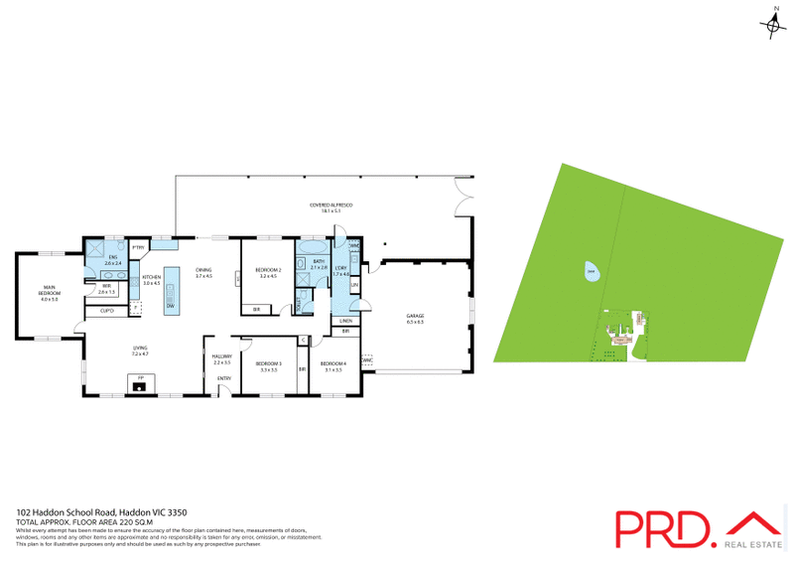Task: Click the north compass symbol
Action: coord(773,25)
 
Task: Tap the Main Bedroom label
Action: coord(49,294)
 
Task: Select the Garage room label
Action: coord(414,320)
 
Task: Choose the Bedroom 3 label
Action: coord(269,365)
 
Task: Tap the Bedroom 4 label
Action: coord(331,365)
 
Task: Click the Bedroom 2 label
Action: coord(269,272)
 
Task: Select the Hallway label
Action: coord(222,358)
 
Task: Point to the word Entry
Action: coord(224,378)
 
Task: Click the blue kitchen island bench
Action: coord(171,290)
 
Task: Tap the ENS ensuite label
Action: coord(111,260)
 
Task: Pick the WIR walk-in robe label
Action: coord(106,290)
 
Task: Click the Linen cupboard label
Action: coord(345,321)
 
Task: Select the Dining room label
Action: coord(203,272)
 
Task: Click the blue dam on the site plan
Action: coord(591,271)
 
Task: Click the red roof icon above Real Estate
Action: coord(755,520)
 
